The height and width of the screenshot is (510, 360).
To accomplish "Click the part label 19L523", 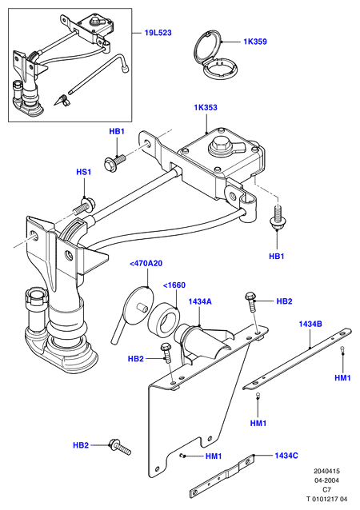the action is coord(158,33).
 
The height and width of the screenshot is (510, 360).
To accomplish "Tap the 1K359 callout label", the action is coord(255,42).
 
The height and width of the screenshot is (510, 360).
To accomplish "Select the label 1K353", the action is coord(206,107).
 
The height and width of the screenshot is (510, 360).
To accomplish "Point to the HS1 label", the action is coord(84,172).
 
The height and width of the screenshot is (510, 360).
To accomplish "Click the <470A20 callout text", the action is coord(146,264).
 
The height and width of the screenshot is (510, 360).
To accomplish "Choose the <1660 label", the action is coord(174,285).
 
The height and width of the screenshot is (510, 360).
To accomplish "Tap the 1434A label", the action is coord(200,302).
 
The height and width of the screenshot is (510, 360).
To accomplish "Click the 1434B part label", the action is coord(311,324).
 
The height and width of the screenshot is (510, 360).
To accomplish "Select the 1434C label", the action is coord(286,456).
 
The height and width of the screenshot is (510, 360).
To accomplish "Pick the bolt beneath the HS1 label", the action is coord(86,207).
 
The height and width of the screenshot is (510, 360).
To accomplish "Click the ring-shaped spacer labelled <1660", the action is coord(164,320).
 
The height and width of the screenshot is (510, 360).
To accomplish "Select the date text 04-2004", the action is coord(326,480).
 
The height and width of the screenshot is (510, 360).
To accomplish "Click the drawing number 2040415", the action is coord(326,471).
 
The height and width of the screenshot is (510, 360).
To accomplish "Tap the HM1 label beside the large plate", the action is coord(214,456).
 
